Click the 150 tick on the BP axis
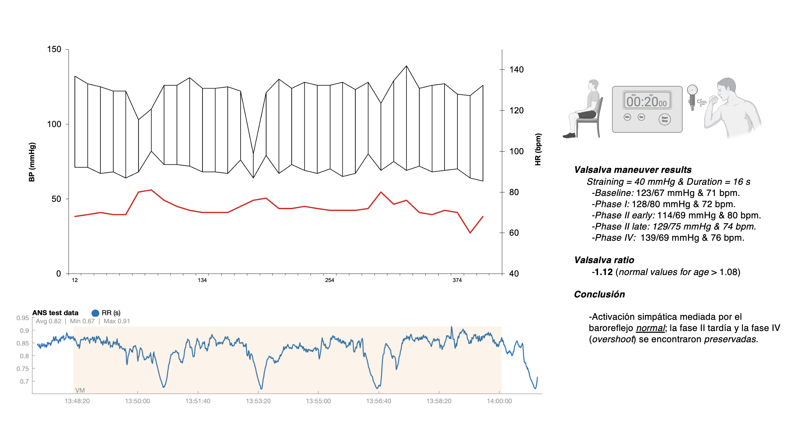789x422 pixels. (54, 49)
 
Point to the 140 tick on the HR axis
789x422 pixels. (516, 70)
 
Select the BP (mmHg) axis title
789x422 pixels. (32, 162)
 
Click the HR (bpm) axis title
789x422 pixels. (538, 149)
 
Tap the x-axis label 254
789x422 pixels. (329, 280)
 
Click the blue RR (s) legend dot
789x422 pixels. (95, 313)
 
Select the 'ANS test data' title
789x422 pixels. (55, 313)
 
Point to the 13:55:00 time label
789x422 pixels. (318, 401)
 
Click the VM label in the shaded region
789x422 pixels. (80, 390)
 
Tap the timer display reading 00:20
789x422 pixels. (647, 102)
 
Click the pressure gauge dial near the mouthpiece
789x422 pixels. (692, 90)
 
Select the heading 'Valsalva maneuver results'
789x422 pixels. (633, 170)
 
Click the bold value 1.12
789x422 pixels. (604, 272)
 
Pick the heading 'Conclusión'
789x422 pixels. (599, 294)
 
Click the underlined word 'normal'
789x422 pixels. (650, 328)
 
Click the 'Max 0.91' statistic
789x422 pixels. (117, 321)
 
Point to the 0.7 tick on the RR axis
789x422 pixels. (24, 381)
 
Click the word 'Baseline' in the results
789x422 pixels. (614, 193)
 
